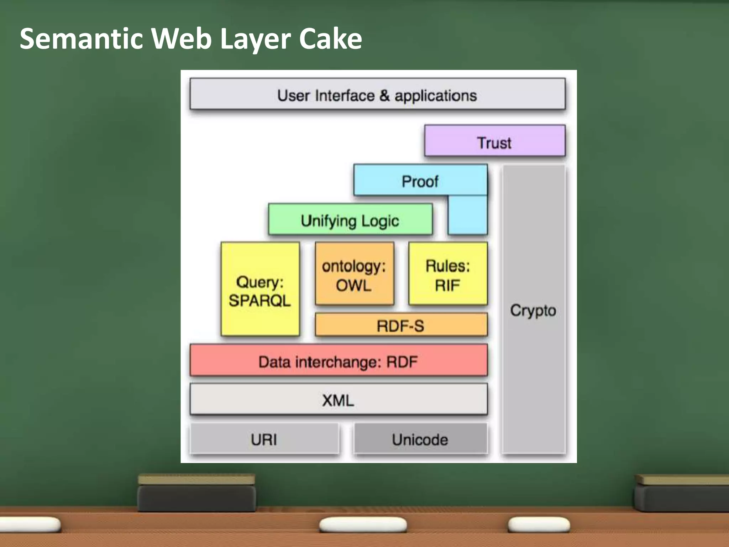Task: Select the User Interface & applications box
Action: (377, 94)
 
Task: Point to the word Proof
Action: (420, 182)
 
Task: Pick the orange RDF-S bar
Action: (401, 325)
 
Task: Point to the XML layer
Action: (338, 400)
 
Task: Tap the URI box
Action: (264, 439)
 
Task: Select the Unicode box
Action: (420, 439)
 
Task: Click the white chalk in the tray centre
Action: (363, 525)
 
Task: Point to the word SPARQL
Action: (260, 301)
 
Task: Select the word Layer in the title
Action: (256, 39)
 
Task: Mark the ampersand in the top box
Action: (384, 96)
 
